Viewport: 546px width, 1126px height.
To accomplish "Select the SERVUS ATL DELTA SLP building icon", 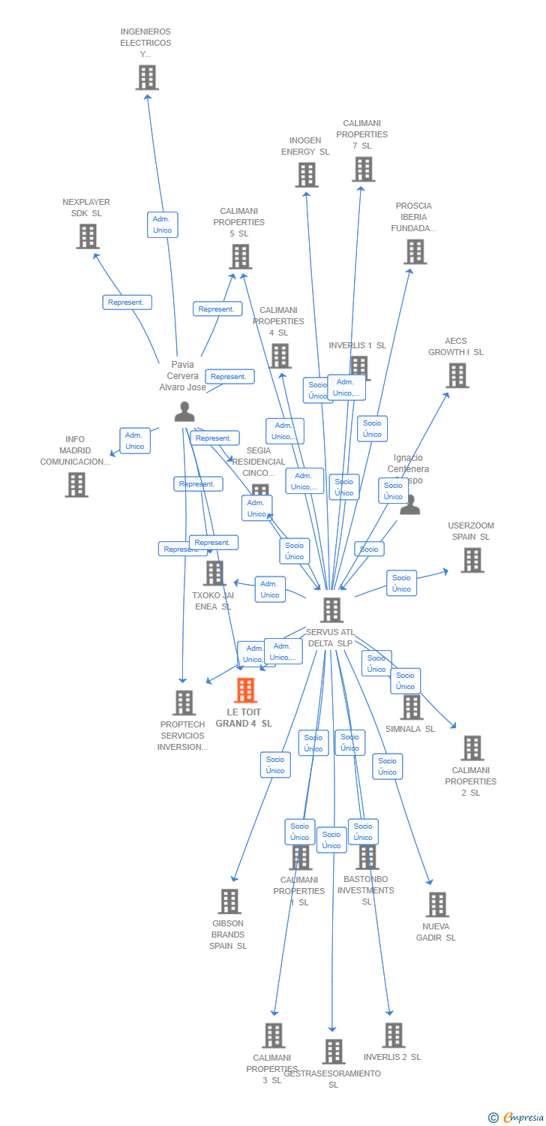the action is (331, 610).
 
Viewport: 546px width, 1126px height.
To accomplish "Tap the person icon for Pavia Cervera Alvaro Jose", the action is (184, 411).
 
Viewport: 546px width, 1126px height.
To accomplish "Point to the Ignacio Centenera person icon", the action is (409, 504).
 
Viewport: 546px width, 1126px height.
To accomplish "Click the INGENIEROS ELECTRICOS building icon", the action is (147, 77).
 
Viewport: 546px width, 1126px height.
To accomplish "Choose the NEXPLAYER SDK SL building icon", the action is (88, 236).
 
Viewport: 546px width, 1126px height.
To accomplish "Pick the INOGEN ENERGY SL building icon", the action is (306, 175).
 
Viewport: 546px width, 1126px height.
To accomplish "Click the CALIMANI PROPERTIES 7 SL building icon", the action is (363, 169).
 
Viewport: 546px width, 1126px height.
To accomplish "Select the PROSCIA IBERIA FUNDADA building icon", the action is (415, 251).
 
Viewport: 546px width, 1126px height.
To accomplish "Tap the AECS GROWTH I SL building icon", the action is (457, 375).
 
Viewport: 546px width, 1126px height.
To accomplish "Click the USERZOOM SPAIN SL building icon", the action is (472, 560).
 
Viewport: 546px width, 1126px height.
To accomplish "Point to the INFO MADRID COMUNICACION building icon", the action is (76, 485).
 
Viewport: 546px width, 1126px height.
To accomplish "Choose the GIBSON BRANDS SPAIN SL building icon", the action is (229, 902).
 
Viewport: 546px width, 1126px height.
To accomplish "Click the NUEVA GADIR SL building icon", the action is (437, 905).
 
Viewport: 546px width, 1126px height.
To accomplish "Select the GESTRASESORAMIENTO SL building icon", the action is (334, 1052).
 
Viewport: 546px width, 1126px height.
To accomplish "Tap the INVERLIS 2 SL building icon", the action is (393, 1035).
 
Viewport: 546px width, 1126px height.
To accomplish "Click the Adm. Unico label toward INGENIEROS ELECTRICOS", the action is (162, 224).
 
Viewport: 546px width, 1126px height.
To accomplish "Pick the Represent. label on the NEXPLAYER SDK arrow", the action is (127, 303).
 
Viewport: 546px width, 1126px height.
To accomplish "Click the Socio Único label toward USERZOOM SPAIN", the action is (401, 583).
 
